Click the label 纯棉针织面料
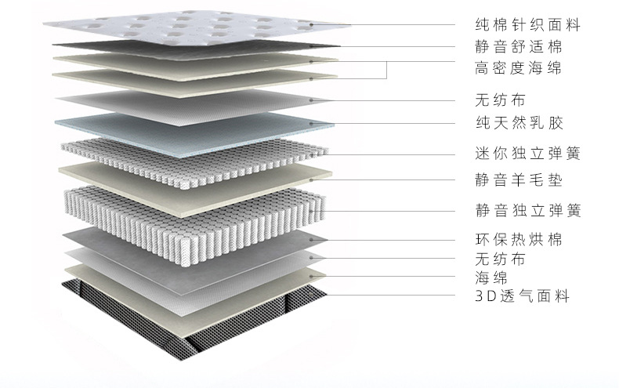[527, 25]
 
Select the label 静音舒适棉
[519, 45]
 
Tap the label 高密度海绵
[519, 68]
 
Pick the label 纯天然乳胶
[519, 124]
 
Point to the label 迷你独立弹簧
[527, 153]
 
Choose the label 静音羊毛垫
[519, 179]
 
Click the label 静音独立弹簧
[527, 211]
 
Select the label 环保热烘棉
[519, 239]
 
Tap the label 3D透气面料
[522, 296]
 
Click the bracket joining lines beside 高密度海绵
[388, 69]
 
